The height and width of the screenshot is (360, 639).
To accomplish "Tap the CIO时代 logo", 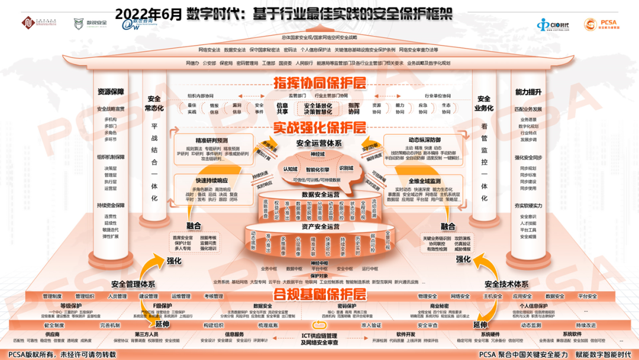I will click(x=553, y=25).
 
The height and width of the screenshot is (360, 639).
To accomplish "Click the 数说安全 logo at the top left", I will click(x=91, y=23).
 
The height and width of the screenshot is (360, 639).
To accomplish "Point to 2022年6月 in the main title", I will click(x=149, y=13).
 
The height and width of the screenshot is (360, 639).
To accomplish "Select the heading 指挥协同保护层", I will click(x=319, y=83).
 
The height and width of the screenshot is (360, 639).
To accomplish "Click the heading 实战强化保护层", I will click(x=319, y=127).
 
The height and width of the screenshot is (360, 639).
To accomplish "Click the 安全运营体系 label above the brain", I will click(x=319, y=143).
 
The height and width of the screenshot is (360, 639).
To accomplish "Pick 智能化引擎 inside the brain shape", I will click(x=318, y=169).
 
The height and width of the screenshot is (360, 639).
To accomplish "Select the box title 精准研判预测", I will click(x=212, y=140).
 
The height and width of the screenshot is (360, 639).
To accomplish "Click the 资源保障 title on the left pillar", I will click(x=111, y=92).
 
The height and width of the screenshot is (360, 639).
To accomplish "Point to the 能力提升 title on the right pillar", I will click(x=528, y=92).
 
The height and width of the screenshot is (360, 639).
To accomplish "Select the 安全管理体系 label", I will click(x=133, y=284).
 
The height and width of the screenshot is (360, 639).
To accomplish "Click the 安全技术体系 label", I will click(x=506, y=284).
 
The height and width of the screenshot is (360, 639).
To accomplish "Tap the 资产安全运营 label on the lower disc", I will click(x=320, y=226).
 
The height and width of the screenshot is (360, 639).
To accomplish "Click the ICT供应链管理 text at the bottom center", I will click(x=319, y=336).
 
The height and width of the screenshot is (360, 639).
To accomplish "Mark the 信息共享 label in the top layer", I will click(x=282, y=108).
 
